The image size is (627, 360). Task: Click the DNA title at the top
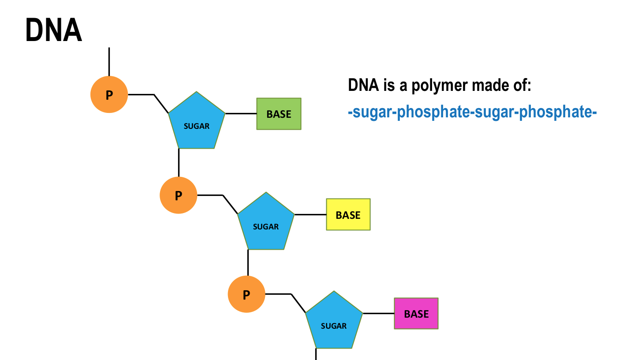coord(54,31)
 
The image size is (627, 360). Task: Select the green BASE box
coord(279,114)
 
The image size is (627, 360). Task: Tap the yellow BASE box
coord(348,214)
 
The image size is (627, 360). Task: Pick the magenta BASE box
coord(416,313)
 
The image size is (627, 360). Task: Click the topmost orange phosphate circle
coord(109,94)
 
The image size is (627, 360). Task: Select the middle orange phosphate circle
coord(178,195)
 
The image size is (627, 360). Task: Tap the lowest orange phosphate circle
coord(246,294)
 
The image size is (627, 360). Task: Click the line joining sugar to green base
coord(241,113)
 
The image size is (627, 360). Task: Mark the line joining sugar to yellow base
coord(310,214)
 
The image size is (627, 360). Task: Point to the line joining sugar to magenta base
coord(378,313)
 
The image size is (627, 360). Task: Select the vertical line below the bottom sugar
coord(316,354)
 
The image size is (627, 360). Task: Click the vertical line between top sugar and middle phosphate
coord(179,162)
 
